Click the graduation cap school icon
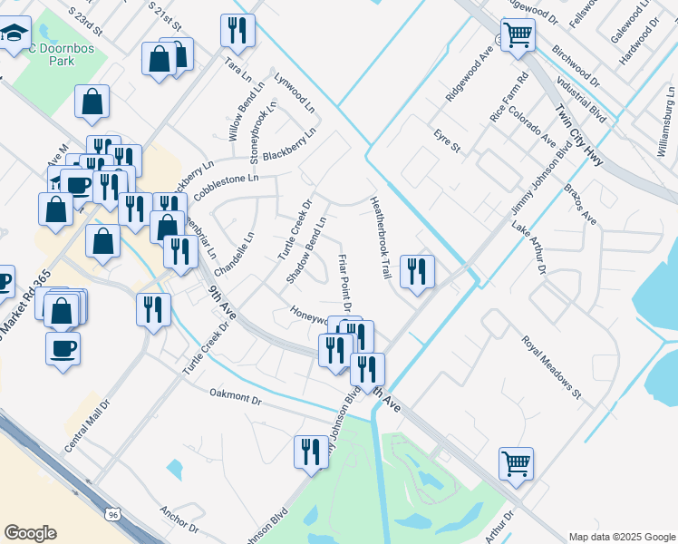(15, 35)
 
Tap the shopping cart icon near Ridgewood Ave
(518, 35)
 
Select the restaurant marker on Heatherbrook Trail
(417, 271)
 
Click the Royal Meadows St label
(550, 366)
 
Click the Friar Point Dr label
(344, 281)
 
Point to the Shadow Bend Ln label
(305, 249)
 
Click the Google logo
(30, 533)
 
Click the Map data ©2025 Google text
(622, 537)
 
